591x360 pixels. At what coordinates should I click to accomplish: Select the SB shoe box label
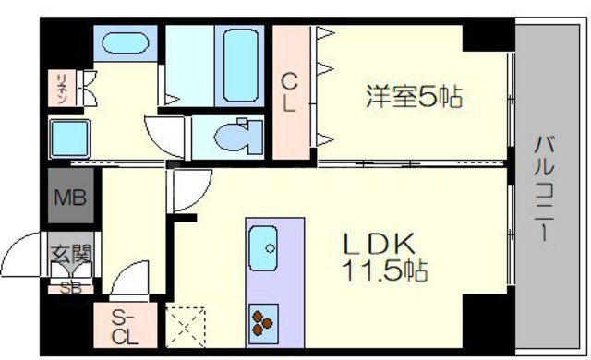point(69,286)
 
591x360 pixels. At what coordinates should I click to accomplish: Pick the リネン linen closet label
point(59,86)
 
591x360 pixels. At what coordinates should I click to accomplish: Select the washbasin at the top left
point(121,43)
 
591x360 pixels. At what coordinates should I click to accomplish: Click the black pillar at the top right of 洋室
point(488,38)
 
